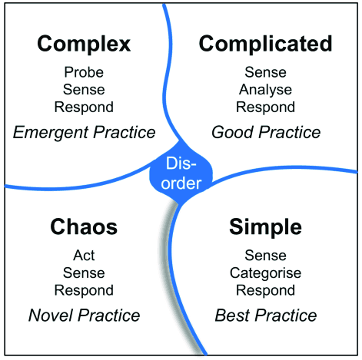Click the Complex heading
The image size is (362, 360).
click(85, 45)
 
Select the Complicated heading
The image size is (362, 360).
click(265, 45)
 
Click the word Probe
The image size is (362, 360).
click(85, 73)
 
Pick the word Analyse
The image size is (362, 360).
click(265, 90)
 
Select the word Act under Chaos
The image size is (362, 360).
click(84, 255)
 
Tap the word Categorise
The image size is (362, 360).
click(265, 272)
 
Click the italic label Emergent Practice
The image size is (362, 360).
click(85, 133)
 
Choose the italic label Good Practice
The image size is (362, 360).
click(265, 133)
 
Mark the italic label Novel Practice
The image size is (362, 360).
click(84, 315)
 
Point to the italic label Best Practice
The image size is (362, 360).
click(265, 315)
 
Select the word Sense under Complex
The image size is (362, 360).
click(85, 90)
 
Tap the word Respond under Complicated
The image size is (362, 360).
click(265, 107)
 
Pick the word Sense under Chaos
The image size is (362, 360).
click(84, 272)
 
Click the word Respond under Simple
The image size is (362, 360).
click(265, 290)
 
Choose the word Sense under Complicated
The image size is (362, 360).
click(265, 73)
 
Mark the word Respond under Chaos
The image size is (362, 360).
click(84, 290)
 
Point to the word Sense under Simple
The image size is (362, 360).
click(265, 255)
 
